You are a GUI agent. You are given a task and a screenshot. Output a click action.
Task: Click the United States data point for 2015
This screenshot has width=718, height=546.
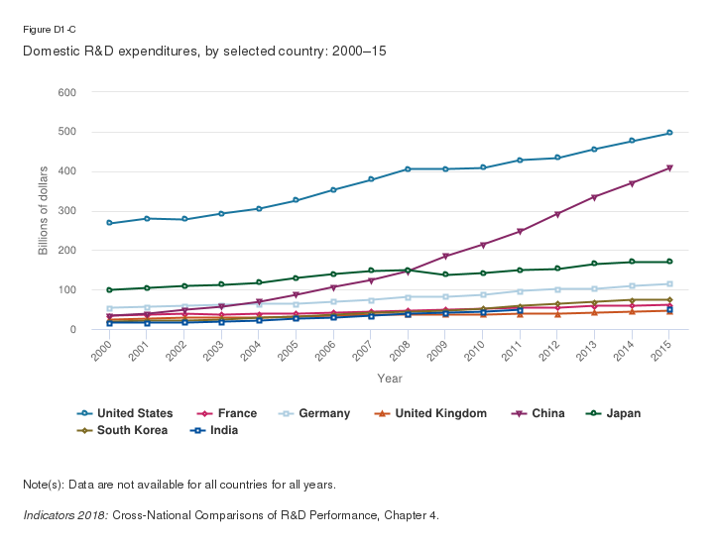(x=669, y=133)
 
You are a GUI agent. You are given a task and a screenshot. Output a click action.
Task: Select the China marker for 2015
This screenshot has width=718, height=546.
(x=669, y=168)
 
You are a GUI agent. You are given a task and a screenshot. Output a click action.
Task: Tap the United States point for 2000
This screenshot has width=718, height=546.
(x=109, y=223)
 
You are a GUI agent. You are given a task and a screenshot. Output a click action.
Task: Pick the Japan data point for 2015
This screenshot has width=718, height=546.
(x=669, y=262)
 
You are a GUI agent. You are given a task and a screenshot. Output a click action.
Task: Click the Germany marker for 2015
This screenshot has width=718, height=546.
(x=669, y=284)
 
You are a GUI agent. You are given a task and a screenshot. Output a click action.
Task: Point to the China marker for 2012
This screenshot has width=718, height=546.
(x=557, y=214)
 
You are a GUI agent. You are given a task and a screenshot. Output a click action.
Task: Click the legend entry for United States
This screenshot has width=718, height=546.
(x=135, y=413)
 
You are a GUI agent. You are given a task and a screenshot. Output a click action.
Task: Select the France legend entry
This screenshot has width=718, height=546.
(x=237, y=413)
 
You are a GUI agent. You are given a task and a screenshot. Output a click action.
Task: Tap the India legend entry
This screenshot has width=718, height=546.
(x=223, y=430)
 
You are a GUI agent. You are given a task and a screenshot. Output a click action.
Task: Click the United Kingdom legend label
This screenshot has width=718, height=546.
(x=438, y=413)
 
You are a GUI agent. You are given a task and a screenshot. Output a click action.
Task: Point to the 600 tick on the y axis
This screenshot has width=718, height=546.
(x=67, y=92)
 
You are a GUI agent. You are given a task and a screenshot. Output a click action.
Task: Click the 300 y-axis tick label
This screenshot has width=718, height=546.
(x=67, y=211)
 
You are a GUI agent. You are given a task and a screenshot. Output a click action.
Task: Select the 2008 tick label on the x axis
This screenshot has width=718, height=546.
(x=401, y=348)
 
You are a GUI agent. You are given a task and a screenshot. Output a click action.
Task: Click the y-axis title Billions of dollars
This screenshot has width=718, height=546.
(x=44, y=211)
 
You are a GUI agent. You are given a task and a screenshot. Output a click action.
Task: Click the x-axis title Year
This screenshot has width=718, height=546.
(x=390, y=378)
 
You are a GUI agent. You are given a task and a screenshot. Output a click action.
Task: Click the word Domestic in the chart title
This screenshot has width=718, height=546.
(x=51, y=50)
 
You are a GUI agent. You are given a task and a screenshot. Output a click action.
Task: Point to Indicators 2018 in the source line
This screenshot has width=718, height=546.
(x=64, y=515)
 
